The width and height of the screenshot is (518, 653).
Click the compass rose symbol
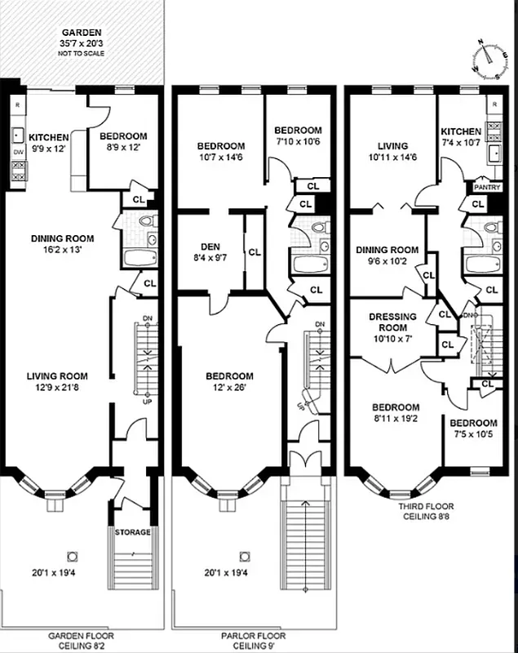coord(487,60)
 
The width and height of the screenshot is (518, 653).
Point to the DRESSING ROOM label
coord(392,322)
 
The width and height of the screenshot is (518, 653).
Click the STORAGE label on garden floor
coord(132,532)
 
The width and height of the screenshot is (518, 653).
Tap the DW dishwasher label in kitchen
coord(17,152)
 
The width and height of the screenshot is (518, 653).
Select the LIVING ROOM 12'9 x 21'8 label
coord(58,381)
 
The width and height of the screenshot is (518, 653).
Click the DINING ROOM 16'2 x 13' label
coord(62,244)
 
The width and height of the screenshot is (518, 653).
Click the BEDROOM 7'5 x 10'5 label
coord(473,429)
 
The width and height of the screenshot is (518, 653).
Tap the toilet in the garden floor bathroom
coord(147,220)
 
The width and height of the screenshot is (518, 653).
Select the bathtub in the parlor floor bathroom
coord(308,264)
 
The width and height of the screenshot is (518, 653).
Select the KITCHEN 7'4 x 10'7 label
coord(461,136)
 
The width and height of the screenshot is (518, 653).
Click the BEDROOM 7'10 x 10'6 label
coord(297,135)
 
